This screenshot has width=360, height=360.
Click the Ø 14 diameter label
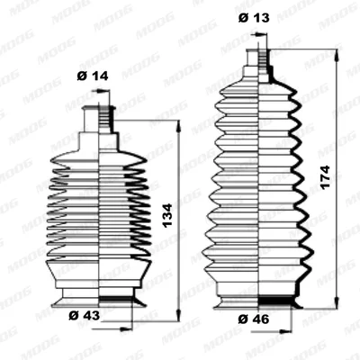point(93,76)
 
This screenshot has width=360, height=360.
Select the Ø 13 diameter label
point(254,18)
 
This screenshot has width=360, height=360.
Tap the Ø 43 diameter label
point(85,316)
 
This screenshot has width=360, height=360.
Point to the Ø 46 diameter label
point(254,319)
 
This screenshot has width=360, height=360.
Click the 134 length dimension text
point(167,215)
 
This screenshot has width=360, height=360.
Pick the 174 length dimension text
point(325,176)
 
